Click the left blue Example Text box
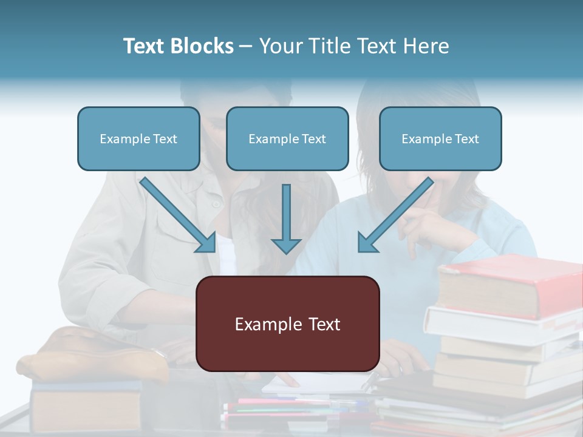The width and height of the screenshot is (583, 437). (138, 138)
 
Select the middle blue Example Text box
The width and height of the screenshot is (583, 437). (287, 138)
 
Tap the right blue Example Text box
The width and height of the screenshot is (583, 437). (440, 138)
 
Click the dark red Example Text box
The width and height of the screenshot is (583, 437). (288, 324)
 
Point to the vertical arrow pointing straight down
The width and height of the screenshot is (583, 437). (286, 218)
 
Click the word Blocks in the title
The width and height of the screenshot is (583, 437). (203, 46)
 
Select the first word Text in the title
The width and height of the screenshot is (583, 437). (145, 46)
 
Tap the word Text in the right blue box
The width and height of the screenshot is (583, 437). (466, 139)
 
